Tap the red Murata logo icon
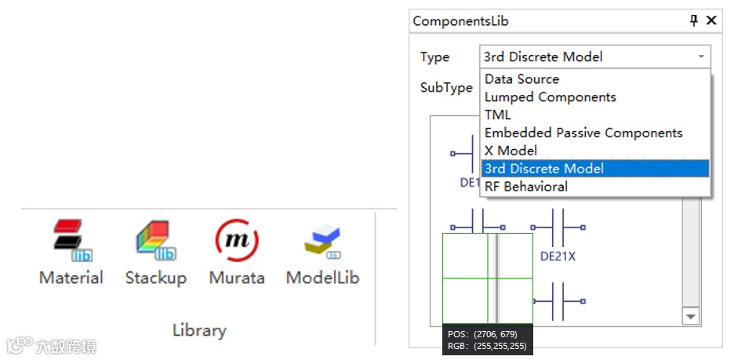(x=236, y=241)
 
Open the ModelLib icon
(x=322, y=242)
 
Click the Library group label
(x=198, y=330)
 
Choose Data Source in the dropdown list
(x=521, y=79)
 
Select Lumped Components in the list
(x=550, y=97)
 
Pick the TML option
(x=497, y=115)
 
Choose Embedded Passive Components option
(x=583, y=133)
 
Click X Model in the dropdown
(x=511, y=151)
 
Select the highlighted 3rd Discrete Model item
(x=543, y=169)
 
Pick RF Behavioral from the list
(x=525, y=187)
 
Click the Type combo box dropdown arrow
(x=700, y=56)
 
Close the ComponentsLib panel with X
(x=711, y=20)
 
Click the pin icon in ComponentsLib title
(x=694, y=20)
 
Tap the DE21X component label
(x=558, y=256)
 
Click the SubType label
(x=446, y=88)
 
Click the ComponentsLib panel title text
(x=460, y=21)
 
